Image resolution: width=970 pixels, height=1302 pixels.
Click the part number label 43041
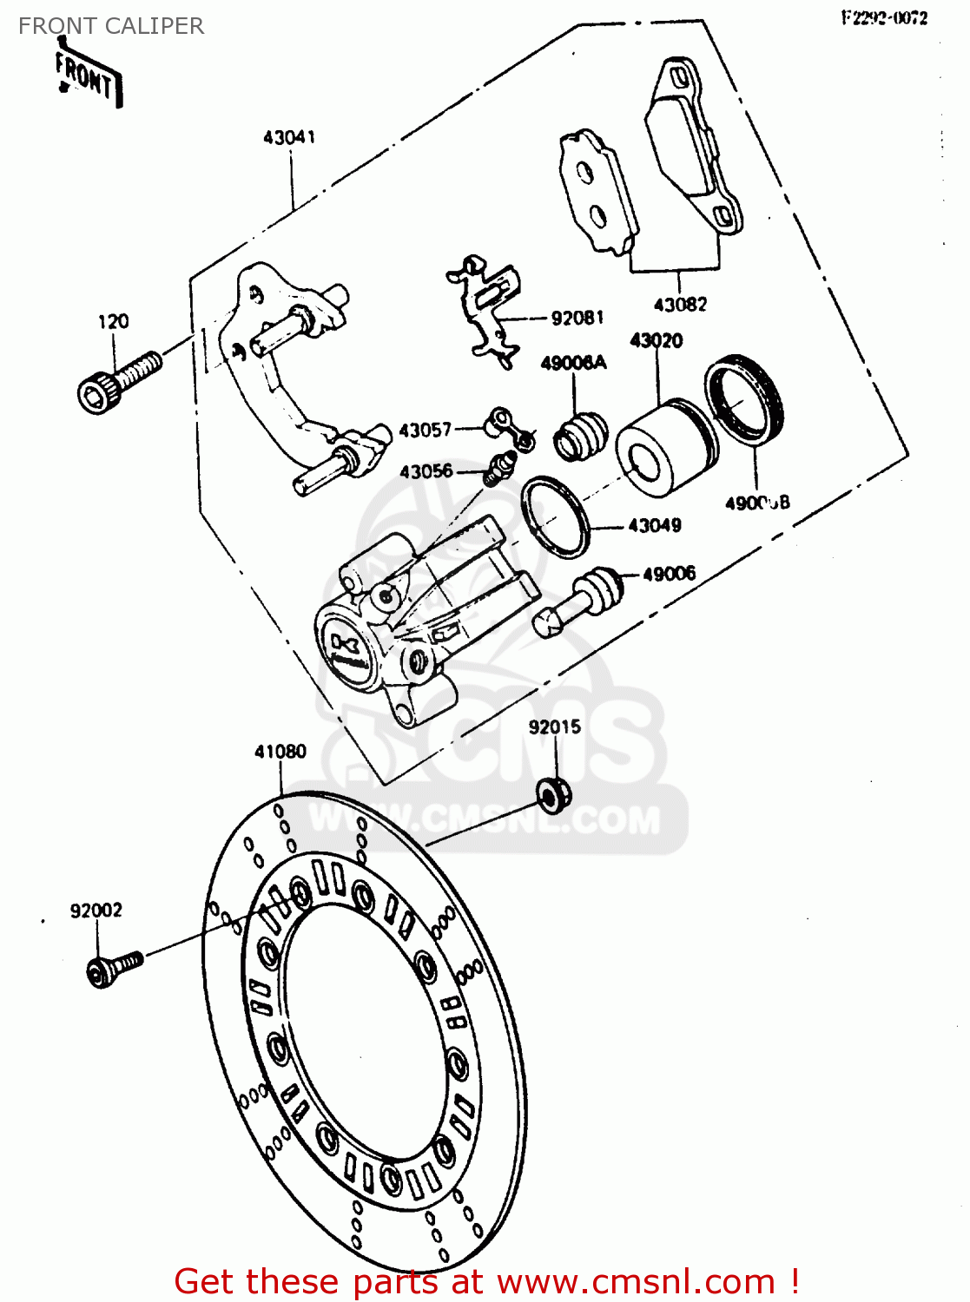[x=289, y=137]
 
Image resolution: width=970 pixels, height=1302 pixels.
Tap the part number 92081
[x=577, y=318]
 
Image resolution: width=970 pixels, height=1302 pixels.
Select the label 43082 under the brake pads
[x=680, y=305]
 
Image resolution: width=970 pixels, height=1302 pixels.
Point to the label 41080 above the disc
[x=280, y=752]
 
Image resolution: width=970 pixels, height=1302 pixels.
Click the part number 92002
[x=96, y=911]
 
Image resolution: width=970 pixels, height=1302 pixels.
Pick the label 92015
[x=555, y=727]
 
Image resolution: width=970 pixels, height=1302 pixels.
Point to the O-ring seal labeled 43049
[x=555, y=514]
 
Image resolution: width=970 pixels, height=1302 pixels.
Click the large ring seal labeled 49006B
[x=744, y=400]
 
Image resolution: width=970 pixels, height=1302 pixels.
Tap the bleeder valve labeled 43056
[x=498, y=470]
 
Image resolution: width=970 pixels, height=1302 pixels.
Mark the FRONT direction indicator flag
[x=87, y=77]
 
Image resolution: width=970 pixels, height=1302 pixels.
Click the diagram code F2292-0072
[x=884, y=18]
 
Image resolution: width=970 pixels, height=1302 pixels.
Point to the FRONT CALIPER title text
[x=111, y=26]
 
